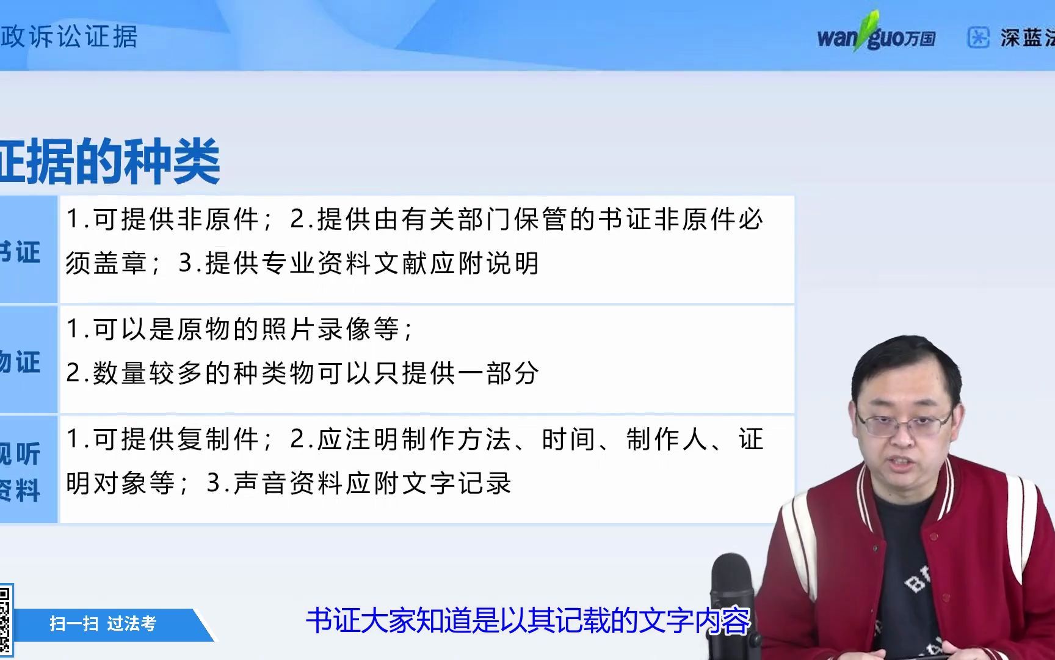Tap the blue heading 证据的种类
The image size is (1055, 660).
(110, 161)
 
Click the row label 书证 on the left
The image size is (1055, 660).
(21, 252)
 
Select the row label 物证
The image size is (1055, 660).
(21, 362)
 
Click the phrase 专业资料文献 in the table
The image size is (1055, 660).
(317, 263)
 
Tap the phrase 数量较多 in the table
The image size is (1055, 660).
(134, 373)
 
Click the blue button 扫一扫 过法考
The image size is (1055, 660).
(103, 624)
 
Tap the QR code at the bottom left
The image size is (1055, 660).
(5, 618)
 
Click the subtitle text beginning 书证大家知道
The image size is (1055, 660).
(527, 621)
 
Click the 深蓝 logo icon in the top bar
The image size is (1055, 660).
(978, 37)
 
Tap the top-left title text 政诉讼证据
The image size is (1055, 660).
(69, 37)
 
